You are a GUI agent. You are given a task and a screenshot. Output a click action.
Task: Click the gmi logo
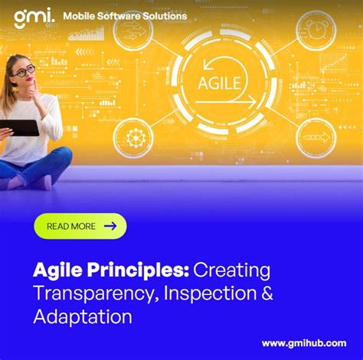32,16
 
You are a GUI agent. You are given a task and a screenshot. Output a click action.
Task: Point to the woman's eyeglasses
24,71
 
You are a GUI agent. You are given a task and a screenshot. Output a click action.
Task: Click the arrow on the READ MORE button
110,226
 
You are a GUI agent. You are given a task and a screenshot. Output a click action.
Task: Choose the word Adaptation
83,316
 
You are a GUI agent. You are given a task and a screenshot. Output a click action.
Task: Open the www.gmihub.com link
305,343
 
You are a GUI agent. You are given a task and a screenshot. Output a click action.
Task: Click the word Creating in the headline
232,270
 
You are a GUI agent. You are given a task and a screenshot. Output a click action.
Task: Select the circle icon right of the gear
316,138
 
